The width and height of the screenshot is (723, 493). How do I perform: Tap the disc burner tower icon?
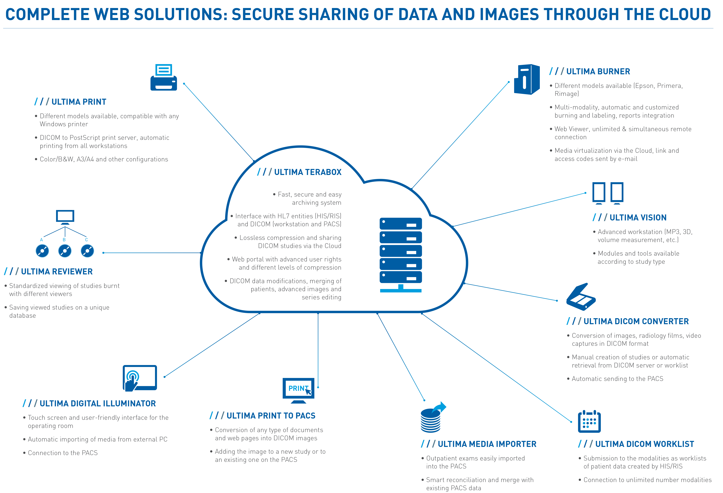[526, 79]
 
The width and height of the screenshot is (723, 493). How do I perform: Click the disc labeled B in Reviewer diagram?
[65, 251]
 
